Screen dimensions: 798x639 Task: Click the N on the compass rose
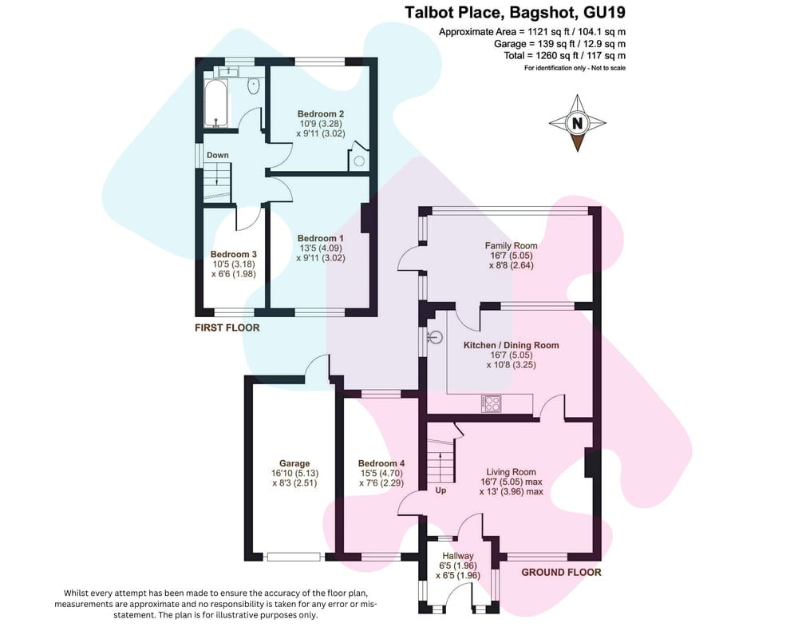coord(577,123)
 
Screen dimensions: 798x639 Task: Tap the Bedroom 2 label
coord(321,113)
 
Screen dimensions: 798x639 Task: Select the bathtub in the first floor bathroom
coord(217,104)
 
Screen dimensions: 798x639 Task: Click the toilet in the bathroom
coord(253,85)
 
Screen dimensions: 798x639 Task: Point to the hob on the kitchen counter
coord(491,403)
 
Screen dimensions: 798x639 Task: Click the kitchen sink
coord(435,337)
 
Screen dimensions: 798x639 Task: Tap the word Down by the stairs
coord(217,155)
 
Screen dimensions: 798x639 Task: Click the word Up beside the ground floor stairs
coord(440,490)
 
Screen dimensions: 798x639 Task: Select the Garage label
coord(294,463)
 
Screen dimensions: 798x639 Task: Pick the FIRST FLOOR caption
coord(227,327)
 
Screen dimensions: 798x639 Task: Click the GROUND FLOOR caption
coord(561,572)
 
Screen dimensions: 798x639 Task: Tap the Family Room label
coord(511,245)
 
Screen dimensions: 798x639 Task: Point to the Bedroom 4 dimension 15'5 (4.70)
coord(381,473)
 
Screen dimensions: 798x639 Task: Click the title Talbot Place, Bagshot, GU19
coord(515,12)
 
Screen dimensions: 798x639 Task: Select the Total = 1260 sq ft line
coord(565,56)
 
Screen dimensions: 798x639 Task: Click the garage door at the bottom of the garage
coord(294,557)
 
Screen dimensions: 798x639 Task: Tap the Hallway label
coord(457,556)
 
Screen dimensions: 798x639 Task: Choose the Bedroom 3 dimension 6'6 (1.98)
coord(234,274)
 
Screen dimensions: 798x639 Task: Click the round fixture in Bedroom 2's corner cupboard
coord(359,161)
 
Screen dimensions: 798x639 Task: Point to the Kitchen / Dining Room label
coord(511,345)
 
